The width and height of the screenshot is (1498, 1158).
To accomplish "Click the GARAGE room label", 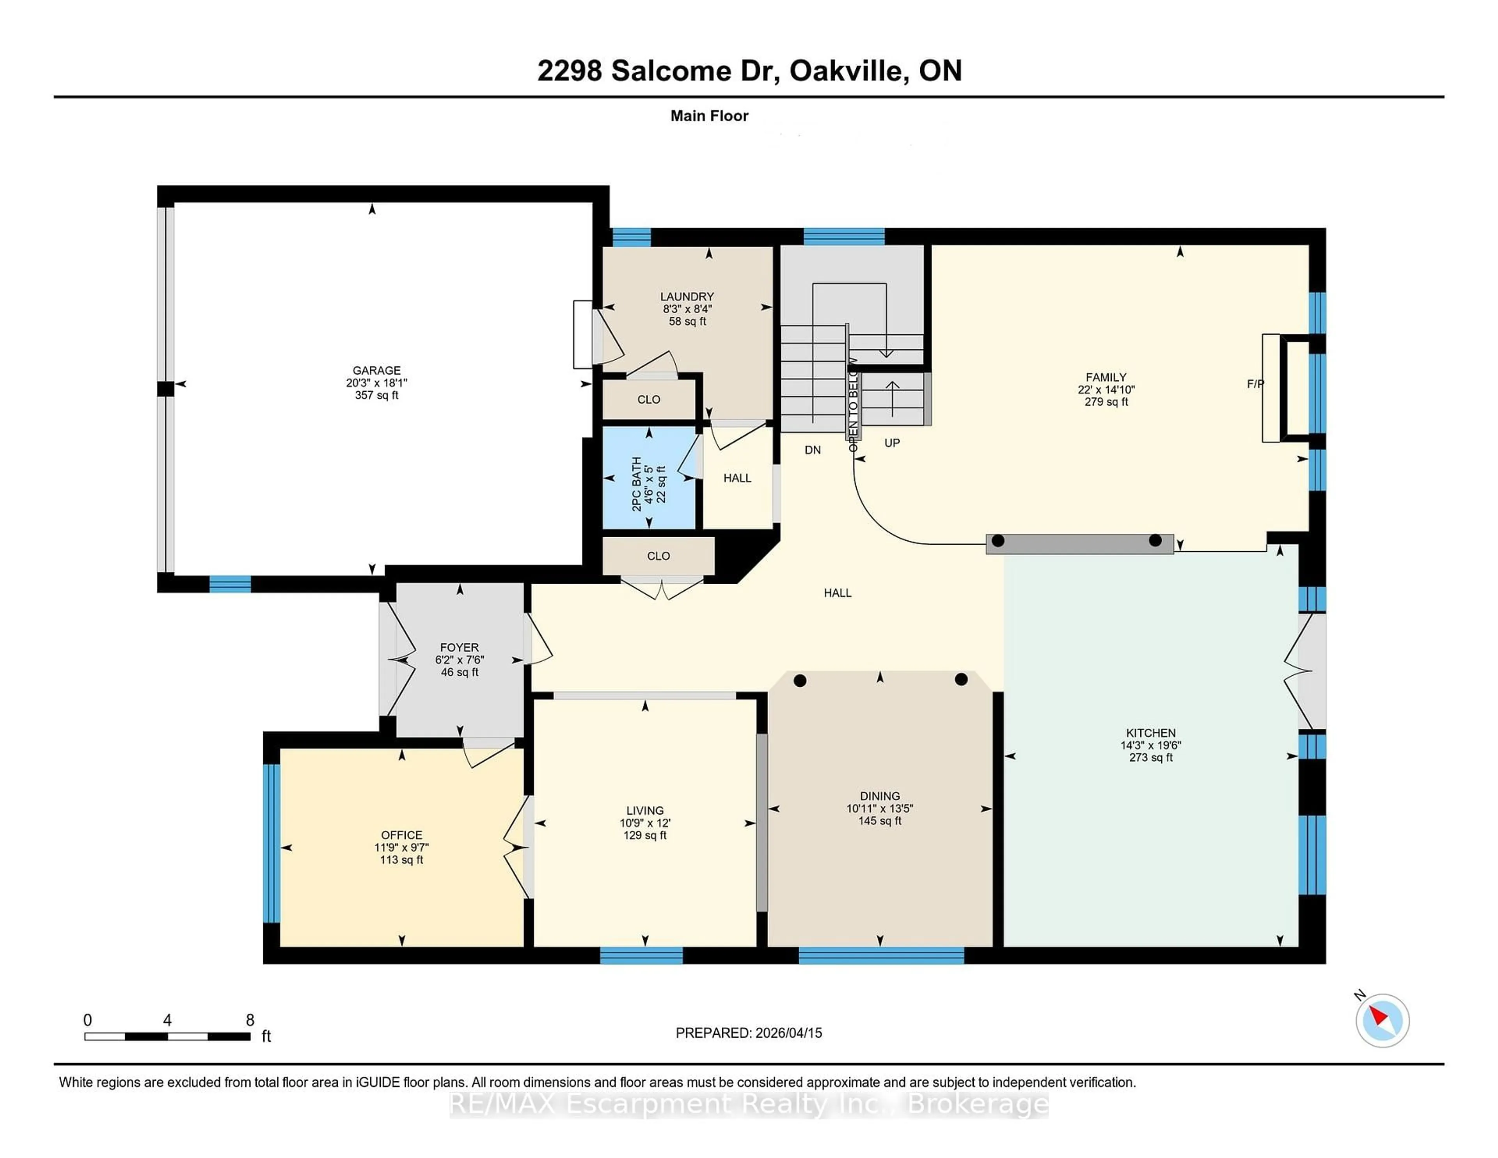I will tap(376, 370).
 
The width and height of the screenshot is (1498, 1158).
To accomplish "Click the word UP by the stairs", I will tap(892, 443).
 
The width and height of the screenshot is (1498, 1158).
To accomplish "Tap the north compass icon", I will tap(1382, 1020).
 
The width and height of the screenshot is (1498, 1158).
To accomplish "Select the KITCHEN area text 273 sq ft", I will tap(1150, 757).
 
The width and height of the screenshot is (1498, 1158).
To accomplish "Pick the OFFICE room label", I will tap(401, 835).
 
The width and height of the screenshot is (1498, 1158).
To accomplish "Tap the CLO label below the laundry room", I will tap(648, 399).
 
